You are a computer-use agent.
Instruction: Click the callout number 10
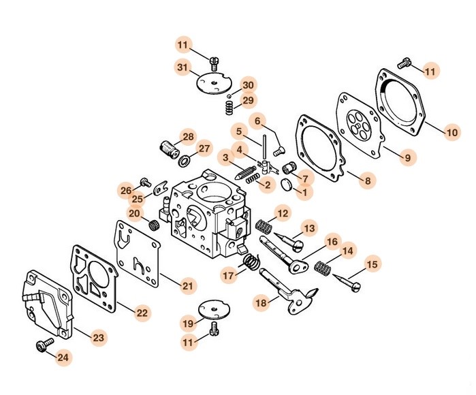tap(452, 133)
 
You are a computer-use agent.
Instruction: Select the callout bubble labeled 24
tap(63, 356)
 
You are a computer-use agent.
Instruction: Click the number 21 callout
tap(188, 286)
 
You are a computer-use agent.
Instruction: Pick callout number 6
tap(258, 121)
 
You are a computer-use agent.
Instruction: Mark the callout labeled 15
tap(372, 264)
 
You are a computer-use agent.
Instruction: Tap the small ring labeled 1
tap(286, 185)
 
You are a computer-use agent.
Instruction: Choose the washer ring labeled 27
tap(183, 161)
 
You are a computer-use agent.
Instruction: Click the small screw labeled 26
tap(145, 182)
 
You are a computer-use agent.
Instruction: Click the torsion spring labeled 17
tap(252, 262)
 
